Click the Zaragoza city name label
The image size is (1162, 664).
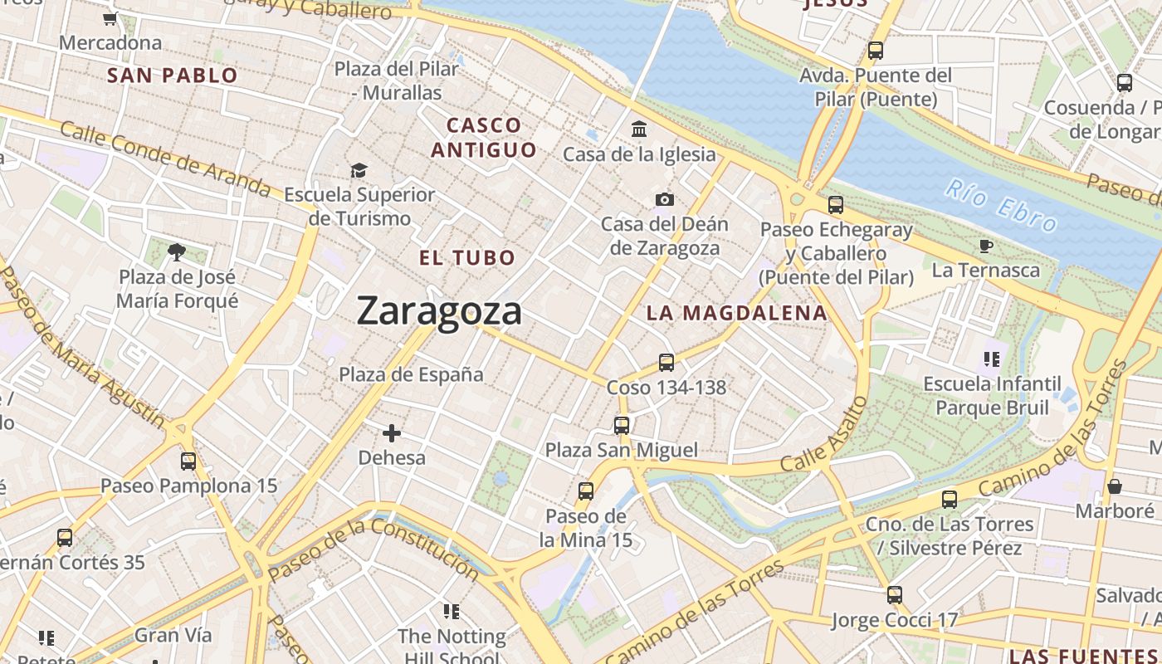tap(439, 311)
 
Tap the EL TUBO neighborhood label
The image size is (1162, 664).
tap(467, 258)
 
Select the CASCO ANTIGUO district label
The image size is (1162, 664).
tap(484, 138)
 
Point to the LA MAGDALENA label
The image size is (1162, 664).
tap(737, 313)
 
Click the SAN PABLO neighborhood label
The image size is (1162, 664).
tap(173, 76)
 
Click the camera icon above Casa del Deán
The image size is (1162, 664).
tap(664, 199)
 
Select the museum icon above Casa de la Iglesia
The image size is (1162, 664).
tap(639, 129)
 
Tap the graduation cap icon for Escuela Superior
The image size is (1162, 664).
tap(359, 170)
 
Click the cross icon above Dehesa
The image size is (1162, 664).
tap(392, 433)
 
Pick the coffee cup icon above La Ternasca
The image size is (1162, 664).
tap(985, 246)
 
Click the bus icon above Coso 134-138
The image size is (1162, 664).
tap(666, 363)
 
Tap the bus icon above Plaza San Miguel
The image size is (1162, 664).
tap(621, 426)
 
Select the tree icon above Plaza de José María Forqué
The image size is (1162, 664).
tap(176, 251)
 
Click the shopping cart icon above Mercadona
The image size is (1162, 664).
tap(110, 18)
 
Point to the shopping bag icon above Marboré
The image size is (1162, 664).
tap(1115, 486)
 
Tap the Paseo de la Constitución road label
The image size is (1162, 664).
tap(373, 549)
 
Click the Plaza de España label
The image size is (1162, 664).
tap(411, 374)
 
